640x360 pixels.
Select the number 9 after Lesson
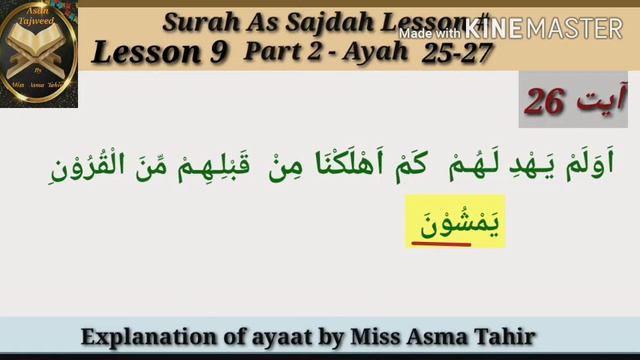point(217,52)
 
